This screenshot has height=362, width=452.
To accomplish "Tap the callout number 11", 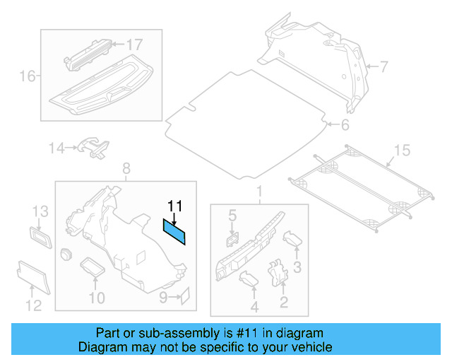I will [174, 206].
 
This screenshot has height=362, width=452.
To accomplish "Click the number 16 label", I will [27, 76].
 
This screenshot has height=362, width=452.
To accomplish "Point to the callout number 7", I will [383, 67].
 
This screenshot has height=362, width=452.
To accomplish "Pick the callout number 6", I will [345, 126].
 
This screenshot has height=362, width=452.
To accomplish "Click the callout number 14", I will [56, 148].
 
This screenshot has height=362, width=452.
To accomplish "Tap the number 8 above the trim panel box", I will [126, 168].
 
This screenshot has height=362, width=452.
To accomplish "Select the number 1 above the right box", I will [258, 192].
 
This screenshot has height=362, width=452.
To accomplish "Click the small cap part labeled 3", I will [292, 239].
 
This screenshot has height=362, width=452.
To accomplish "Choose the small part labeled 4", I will [250, 281].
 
